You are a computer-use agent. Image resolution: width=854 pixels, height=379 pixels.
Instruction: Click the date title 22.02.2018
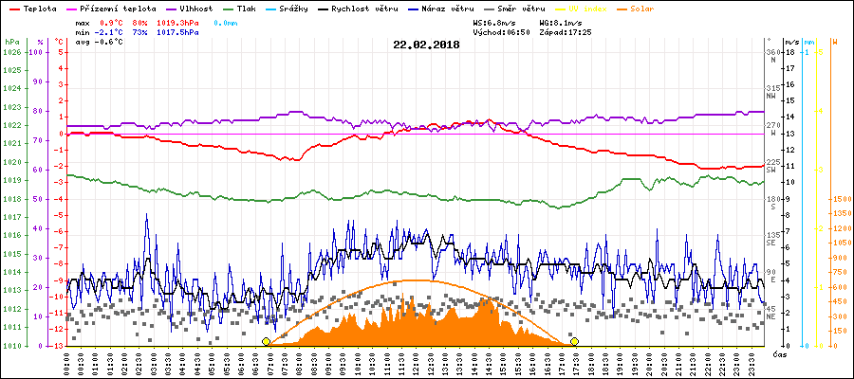pos(426,45)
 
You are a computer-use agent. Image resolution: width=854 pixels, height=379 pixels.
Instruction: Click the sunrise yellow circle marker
pos(266,341)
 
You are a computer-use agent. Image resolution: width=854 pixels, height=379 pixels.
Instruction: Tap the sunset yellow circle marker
pos(574,341)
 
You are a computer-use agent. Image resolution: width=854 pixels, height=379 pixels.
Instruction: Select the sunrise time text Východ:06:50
pos(500,31)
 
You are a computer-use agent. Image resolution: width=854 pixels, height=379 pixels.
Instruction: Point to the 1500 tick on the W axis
pos(839,199)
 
